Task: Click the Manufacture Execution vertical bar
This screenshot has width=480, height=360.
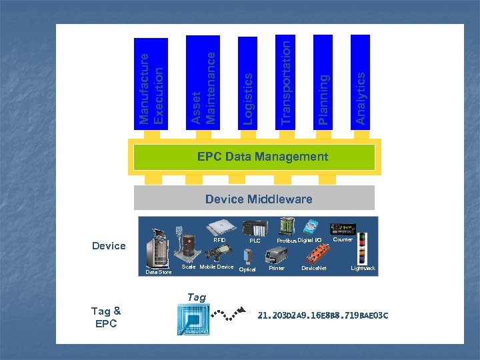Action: click(x=151, y=83)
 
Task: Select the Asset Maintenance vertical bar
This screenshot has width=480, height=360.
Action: click(x=203, y=81)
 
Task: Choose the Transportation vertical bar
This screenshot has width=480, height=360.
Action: click(x=286, y=81)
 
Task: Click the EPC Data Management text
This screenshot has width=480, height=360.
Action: click(x=262, y=157)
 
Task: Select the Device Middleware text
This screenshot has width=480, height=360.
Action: click(x=259, y=199)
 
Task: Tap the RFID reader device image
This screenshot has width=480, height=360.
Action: click(x=219, y=227)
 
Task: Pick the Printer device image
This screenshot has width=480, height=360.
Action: click(x=278, y=254)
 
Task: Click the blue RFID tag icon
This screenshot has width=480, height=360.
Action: click(x=193, y=318)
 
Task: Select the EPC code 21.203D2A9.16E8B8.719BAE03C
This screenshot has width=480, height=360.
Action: click(x=323, y=315)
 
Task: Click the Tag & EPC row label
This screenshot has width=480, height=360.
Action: click(x=106, y=317)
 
